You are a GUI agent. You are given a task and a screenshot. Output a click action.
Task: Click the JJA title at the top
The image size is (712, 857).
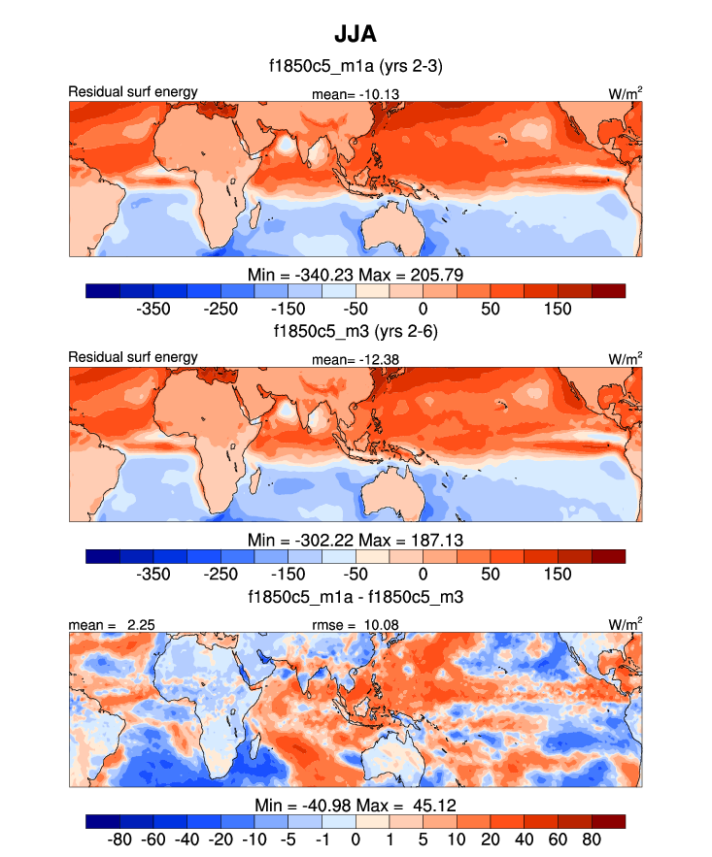pyautogui.click(x=355, y=35)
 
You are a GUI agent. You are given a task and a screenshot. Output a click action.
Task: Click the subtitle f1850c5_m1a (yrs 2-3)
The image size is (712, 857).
pyautogui.click(x=356, y=67)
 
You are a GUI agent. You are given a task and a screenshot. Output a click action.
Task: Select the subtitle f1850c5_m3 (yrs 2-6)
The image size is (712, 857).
pyautogui.click(x=356, y=331)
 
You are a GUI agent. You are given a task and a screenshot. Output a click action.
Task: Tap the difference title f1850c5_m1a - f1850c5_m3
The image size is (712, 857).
pyautogui.click(x=356, y=596)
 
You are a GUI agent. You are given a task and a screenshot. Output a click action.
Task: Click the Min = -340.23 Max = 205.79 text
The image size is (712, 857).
pyautogui.click(x=356, y=275)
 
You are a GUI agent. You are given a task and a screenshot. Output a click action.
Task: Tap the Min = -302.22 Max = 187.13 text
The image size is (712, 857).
pyautogui.click(x=356, y=540)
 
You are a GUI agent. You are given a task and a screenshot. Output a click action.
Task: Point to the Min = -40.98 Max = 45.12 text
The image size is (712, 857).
pyautogui.click(x=356, y=805)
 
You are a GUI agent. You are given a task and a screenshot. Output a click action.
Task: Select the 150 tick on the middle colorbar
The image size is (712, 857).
pyautogui.click(x=558, y=573)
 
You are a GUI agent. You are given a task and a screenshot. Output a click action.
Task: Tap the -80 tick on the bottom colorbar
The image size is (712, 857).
pyautogui.click(x=119, y=838)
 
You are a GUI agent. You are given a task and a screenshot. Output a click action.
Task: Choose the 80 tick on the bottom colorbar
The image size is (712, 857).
pyautogui.click(x=592, y=838)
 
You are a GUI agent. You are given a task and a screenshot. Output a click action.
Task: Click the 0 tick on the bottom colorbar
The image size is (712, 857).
pyautogui.click(x=356, y=838)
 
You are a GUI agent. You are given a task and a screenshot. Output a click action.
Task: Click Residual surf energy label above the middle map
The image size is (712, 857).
pyautogui.click(x=132, y=357)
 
